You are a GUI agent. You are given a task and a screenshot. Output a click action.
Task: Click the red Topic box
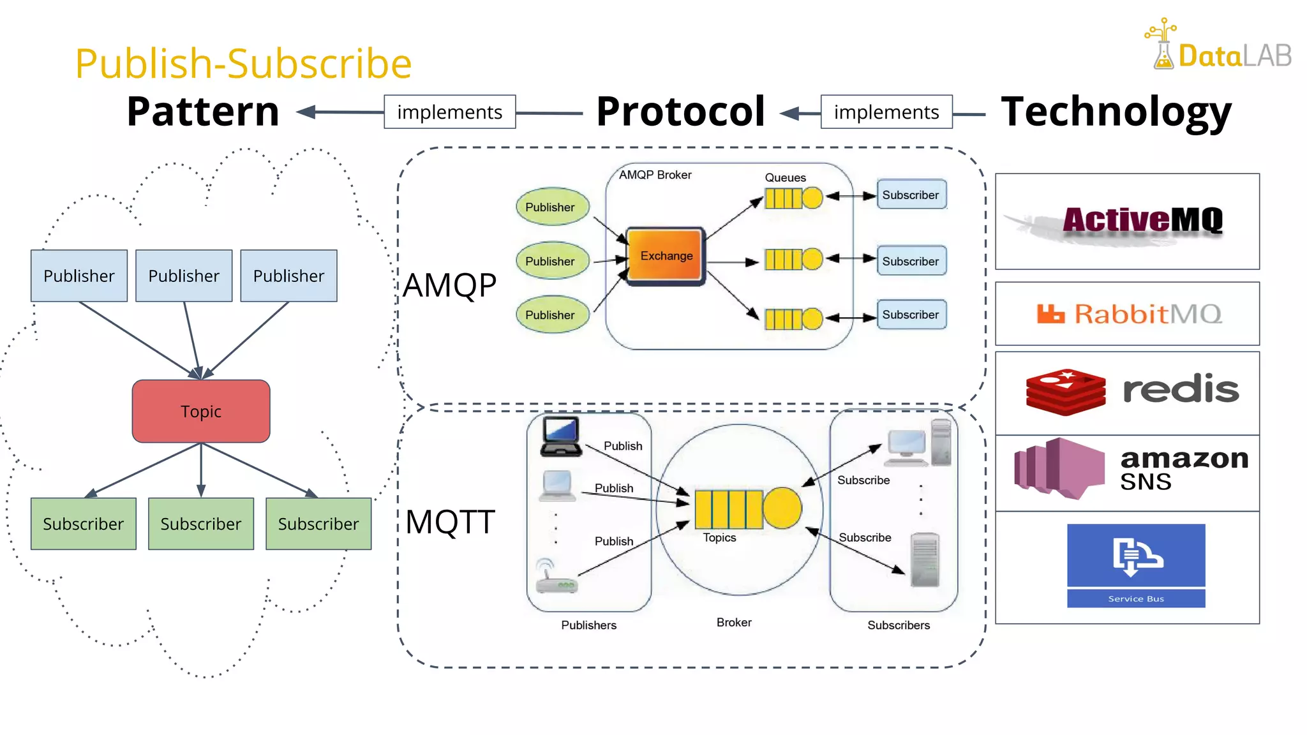(x=201, y=412)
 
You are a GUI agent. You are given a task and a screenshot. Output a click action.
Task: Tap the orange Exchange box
(x=666, y=256)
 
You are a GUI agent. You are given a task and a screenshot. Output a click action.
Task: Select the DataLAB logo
(x=1218, y=46)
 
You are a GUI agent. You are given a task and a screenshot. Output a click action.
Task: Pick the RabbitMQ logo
(x=1128, y=314)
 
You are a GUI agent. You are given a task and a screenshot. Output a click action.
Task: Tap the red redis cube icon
(x=1065, y=392)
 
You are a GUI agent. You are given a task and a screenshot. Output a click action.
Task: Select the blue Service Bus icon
(x=1136, y=565)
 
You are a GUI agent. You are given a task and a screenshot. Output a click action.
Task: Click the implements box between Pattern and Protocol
(x=449, y=112)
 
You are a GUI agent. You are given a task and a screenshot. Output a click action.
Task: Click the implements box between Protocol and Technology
(x=886, y=112)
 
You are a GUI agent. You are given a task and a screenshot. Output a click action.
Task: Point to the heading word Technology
(x=1116, y=112)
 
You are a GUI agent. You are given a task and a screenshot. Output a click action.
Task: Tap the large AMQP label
(x=449, y=285)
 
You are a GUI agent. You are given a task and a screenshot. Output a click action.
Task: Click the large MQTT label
(x=450, y=522)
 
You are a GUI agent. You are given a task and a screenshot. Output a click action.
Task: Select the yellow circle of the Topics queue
(x=782, y=508)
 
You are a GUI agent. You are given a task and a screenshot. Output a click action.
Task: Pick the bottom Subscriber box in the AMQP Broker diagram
(x=911, y=315)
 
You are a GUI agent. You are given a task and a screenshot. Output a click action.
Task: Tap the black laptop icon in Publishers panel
(x=560, y=437)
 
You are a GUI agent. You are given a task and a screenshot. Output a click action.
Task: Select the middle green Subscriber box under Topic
(x=200, y=524)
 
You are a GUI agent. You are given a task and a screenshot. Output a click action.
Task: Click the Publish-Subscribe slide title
(x=243, y=63)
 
